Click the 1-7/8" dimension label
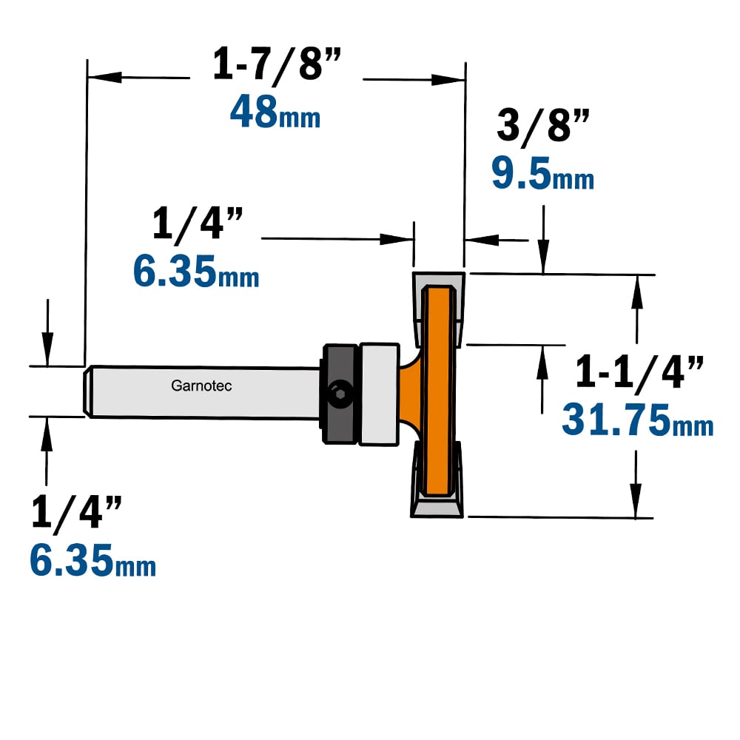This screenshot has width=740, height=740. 277,64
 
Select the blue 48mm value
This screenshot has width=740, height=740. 275,112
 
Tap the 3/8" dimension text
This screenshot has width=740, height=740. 543,125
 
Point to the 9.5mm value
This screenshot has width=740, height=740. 542,173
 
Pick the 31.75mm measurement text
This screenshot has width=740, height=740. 638,420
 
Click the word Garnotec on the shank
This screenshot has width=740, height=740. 201,386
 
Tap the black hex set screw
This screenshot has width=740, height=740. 339,394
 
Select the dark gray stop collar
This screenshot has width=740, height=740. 340,394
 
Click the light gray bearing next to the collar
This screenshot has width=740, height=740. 379,394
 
